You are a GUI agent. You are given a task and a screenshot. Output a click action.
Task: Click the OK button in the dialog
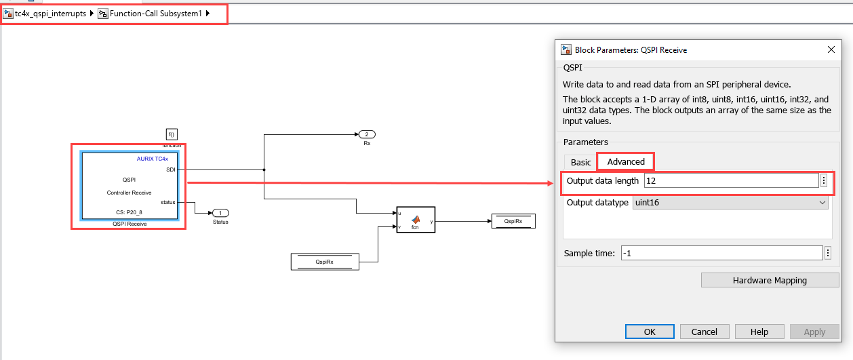[650, 332]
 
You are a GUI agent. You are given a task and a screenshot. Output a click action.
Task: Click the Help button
[759, 332]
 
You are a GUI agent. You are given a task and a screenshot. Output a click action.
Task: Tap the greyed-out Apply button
[814, 332]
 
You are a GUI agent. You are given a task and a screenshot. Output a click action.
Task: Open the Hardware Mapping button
[770, 280]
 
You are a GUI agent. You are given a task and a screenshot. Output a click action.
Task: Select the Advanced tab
[626, 162]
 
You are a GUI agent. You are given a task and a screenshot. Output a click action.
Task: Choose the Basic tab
[580, 163]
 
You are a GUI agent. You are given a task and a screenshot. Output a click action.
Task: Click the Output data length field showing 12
[731, 181]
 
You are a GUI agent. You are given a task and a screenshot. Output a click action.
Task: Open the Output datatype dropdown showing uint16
[730, 203]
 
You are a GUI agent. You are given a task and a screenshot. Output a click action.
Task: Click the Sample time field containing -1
[721, 253]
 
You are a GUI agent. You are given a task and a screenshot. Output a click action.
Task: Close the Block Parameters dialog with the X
[831, 50]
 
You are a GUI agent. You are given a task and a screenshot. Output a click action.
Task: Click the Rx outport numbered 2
[367, 134]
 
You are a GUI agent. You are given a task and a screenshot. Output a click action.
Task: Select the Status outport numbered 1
[220, 213]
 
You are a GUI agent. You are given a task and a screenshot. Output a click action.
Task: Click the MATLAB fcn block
[416, 220]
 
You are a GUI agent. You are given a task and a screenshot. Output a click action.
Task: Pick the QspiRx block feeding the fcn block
[325, 262]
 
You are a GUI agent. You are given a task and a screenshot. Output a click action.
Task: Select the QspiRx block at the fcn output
[513, 221]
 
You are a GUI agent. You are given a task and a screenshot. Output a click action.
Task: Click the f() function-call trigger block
[172, 134]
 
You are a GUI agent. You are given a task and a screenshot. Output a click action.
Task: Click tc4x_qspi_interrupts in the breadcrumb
[50, 14]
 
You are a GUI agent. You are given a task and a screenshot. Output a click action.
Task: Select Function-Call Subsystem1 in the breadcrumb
[155, 14]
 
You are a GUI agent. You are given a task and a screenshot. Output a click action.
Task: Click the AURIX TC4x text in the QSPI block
[153, 159]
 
